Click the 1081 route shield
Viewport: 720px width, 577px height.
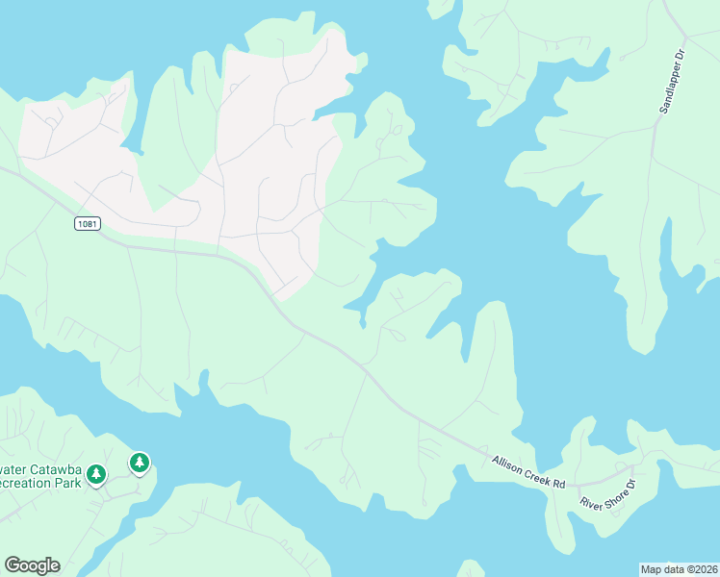pyautogui.click(x=86, y=224)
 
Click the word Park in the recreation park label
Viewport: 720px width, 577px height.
pyautogui.click(x=66, y=482)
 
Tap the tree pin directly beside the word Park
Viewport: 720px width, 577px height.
pyautogui.click(x=96, y=474)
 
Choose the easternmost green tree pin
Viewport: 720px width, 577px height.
pyautogui.click(x=141, y=464)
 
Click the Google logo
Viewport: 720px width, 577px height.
pyautogui.click(x=32, y=565)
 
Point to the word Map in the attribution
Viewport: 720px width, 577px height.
pyautogui.click(x=652, y=569)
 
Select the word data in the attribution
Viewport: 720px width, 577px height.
pyautogui.click(x=675, y=569)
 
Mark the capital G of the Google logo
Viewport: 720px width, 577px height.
pyautogui.click(x=12, y=565)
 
